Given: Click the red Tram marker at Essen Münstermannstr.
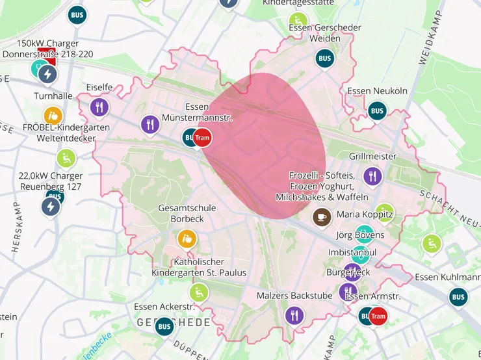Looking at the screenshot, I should [x=203, y=137].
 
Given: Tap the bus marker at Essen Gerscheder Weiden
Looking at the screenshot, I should [x=324, y=58].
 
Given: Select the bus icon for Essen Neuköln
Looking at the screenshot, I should [x=377, y=110].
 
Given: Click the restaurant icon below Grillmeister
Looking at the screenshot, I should [x=372, y=175].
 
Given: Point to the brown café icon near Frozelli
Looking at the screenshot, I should [x=321, y=216].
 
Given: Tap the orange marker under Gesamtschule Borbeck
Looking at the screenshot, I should [x=187, y=238].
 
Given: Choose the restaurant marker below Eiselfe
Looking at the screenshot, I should [x=99, y=107].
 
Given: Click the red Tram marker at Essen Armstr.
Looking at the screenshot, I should [x=378, y=316].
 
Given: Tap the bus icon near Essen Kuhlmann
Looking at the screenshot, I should [x=458, y=297].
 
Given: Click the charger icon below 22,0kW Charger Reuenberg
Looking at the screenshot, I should [x=51, y=207].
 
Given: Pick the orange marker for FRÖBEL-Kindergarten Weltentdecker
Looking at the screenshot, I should [x=54, y=115].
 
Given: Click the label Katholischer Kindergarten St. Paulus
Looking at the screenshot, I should [x=199, y=267].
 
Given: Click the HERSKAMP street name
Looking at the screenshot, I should [x=17, y=227].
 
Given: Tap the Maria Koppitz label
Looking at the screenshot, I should [x=365, y=214].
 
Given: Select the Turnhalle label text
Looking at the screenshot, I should [x=53, y=96].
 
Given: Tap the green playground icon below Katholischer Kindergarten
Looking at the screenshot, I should [x=199, y=293].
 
